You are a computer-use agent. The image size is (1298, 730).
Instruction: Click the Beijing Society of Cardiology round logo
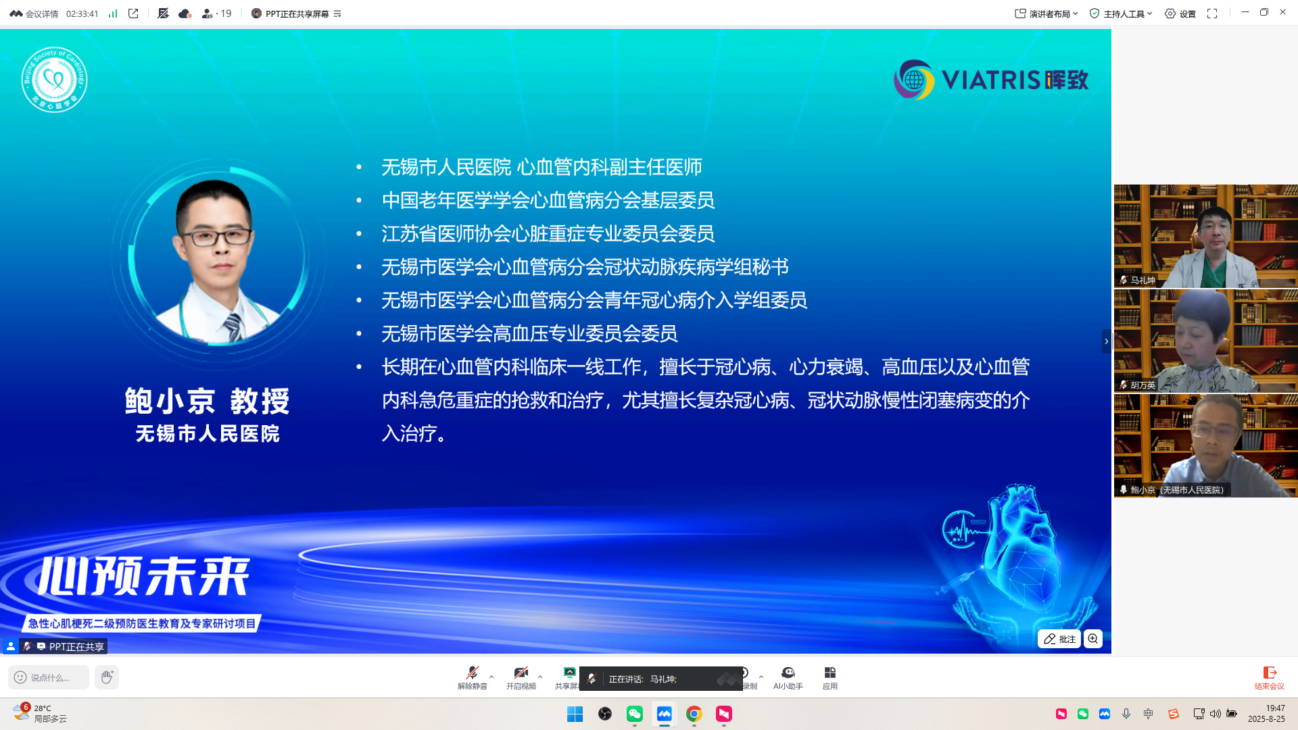coord(54,80)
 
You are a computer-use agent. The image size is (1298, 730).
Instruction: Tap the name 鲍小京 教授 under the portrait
coord(208,401)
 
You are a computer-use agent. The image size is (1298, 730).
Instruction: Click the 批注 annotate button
coord(1059,639)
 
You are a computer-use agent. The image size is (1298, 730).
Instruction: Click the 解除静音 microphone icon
coord(472,673)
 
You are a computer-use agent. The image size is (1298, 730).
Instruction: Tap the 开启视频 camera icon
coord(521,673)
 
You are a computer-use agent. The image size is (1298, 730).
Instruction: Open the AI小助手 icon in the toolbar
coord(788,673)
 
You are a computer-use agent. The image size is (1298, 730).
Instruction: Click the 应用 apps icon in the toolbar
coord(830,673)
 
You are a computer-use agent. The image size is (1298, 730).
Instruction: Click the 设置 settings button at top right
coord(1180,14)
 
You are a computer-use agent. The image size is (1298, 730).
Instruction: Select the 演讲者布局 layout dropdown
coord(1046,14)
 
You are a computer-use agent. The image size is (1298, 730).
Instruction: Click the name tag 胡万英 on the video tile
coord(1142,385)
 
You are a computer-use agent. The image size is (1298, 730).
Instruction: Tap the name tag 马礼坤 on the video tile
coord(1142,280)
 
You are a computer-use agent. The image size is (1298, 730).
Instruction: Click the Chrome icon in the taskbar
coord(694,714)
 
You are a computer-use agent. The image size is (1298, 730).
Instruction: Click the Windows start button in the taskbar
coord(575,714)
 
